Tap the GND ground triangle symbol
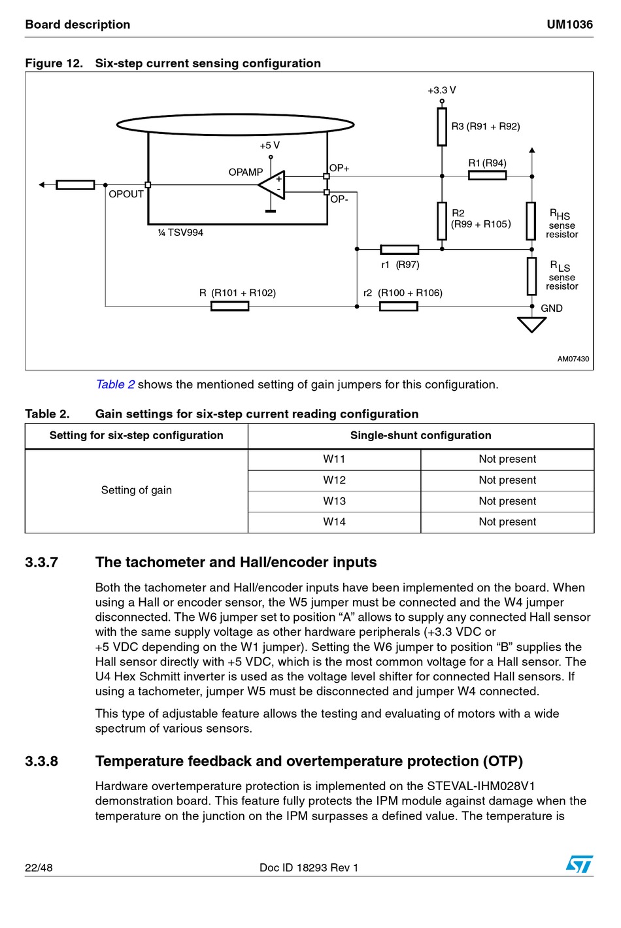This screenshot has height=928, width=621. click(x=531, y=324)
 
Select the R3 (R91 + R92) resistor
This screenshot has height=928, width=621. click(x=442, y=127)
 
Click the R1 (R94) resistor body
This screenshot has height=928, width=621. click(x=487, y=176)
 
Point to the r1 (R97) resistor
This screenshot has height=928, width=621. click(x=399, y=249)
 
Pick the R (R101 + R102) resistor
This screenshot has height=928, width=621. click(x=229, y=306)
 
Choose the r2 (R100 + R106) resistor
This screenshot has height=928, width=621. click(x=398, y=306)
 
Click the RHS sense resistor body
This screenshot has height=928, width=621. click(x=531, y=221)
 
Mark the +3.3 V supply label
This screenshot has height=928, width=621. click(x=442, y=90)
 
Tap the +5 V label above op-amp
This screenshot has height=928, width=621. click(x=269, y=145)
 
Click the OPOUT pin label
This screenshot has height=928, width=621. click(x=126, y=194)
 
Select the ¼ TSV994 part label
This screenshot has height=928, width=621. click(x=180, y=233)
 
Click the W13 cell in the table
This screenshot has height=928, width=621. click(x=334, y=501)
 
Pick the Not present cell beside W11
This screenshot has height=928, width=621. click(x=507, y=459)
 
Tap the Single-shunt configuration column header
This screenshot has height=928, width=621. click(x=420, y=436)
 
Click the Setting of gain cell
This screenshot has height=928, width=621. click(x=136, y=490)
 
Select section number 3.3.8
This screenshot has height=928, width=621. click(x=41, y=761)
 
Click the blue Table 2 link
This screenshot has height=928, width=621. click(x=115, y=384)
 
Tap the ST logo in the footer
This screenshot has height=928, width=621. click(x=579, y=865)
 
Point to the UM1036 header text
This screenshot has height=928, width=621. click(x=569, y=25)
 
